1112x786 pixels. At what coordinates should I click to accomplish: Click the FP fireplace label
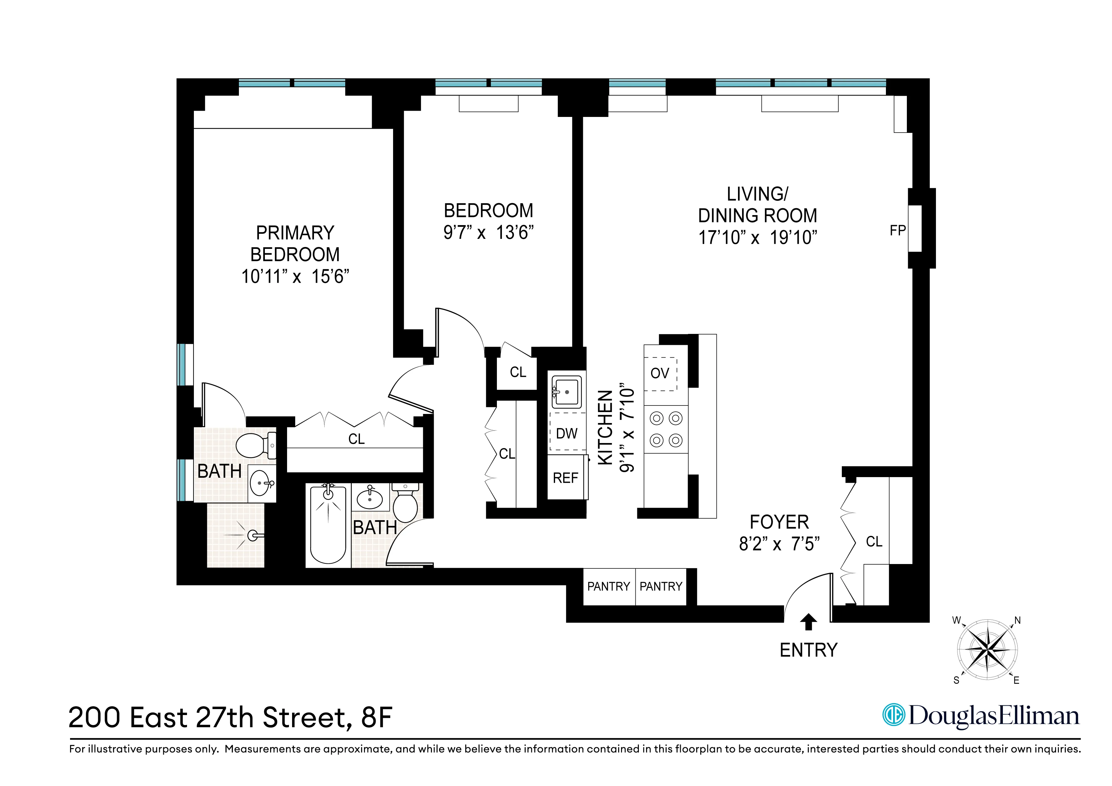point(897,230)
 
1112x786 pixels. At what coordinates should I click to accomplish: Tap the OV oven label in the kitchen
point(659,373)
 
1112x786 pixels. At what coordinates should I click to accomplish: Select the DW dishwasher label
point(566,433)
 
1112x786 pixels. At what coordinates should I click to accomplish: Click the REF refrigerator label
point(565,478)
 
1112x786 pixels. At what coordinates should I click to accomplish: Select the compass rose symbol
point(987,649)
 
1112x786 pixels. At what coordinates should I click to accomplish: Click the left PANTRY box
point(608,587)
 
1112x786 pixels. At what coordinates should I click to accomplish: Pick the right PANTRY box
point(661,587)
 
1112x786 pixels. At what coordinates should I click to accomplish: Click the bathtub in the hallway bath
point(328,526)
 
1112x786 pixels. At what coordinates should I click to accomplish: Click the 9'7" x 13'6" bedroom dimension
point(488,233)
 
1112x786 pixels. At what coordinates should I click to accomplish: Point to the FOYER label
point(779,522)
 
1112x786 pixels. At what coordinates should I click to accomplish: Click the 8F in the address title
point(376,718)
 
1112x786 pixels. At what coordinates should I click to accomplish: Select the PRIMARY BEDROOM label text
point(295,244)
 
